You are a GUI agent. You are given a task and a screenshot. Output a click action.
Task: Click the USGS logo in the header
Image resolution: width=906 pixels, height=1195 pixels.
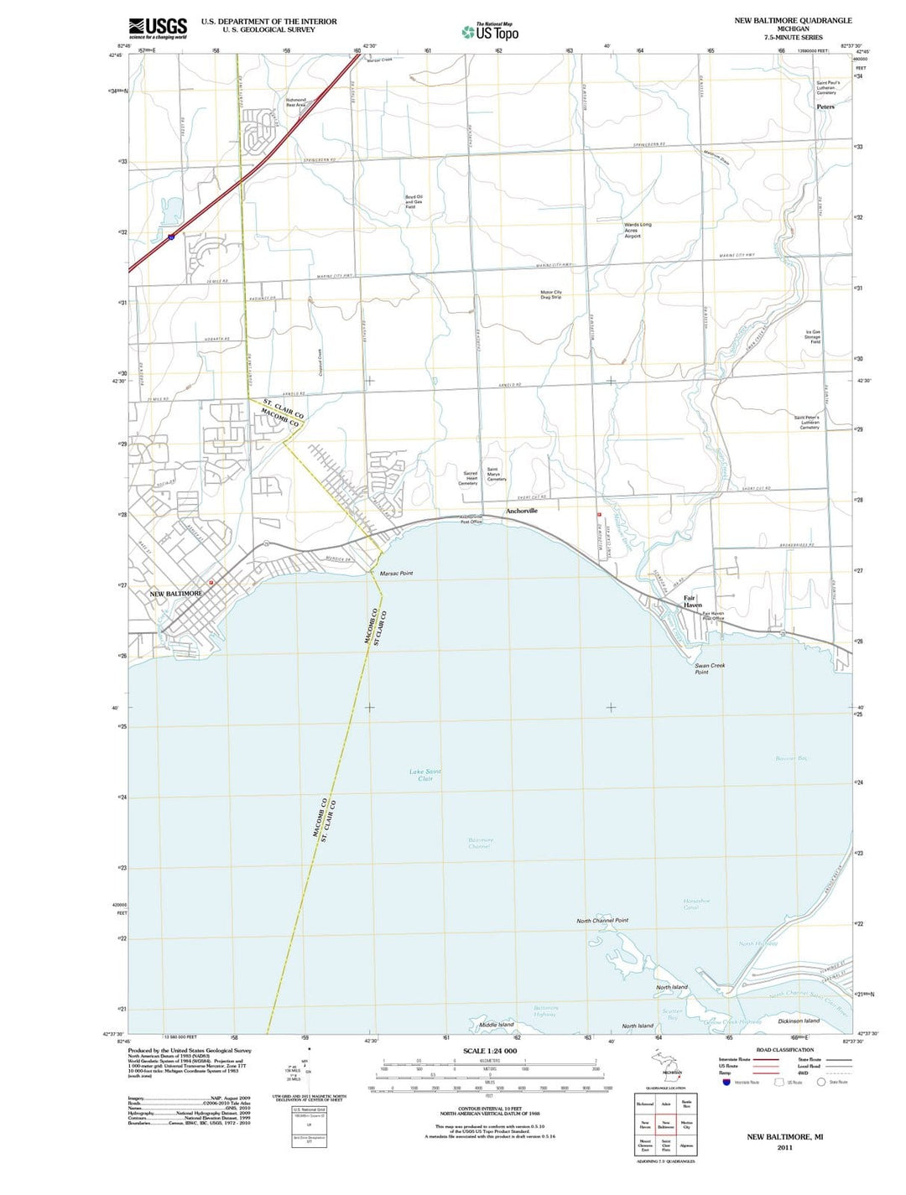(158, 28)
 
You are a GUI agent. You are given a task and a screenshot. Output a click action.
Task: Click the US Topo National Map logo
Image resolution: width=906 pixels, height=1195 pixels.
(490, 32)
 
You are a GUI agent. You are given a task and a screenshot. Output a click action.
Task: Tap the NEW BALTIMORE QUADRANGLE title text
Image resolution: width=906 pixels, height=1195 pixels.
(793, 20)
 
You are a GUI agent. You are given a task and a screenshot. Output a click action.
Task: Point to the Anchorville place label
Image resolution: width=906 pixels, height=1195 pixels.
(521, 511)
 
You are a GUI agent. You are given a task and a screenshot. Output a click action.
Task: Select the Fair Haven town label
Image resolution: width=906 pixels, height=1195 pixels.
(692, 601)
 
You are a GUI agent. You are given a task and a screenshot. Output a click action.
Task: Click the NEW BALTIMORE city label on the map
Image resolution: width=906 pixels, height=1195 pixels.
(176, 594)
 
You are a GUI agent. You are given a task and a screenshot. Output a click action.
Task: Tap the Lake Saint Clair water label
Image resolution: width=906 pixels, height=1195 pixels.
(425, 775)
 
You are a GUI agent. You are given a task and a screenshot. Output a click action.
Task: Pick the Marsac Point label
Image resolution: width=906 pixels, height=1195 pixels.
(396, 574)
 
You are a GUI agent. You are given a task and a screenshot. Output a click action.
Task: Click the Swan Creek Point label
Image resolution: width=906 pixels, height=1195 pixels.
(710, 668)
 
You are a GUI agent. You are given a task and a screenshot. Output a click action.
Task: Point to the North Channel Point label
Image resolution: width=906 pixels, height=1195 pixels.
(601, 921)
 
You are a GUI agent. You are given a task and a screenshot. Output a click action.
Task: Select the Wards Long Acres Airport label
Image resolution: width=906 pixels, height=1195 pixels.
(638, 231)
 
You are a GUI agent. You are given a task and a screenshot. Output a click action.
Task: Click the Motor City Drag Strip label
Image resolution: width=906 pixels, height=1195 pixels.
(551, 294)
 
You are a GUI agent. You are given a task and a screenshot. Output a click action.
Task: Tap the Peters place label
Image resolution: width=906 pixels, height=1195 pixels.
(825, 107)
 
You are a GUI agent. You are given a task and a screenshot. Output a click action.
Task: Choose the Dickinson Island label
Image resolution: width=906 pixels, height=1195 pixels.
(799, 1021)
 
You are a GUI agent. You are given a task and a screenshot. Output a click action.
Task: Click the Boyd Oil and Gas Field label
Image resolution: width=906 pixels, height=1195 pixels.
(414, 202)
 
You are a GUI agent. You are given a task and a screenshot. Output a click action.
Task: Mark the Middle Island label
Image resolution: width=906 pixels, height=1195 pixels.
(496, 1025)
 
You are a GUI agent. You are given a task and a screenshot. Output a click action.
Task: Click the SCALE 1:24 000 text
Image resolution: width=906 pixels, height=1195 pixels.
(490, 1051)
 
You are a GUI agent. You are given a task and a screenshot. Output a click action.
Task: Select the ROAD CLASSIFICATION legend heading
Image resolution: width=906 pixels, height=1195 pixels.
(784, 1050)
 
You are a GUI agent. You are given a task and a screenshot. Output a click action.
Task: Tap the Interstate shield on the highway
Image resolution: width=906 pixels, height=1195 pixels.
(171, 237)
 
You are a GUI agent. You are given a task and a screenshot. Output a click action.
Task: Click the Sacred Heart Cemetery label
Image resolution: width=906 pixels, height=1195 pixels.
(468, 478)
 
